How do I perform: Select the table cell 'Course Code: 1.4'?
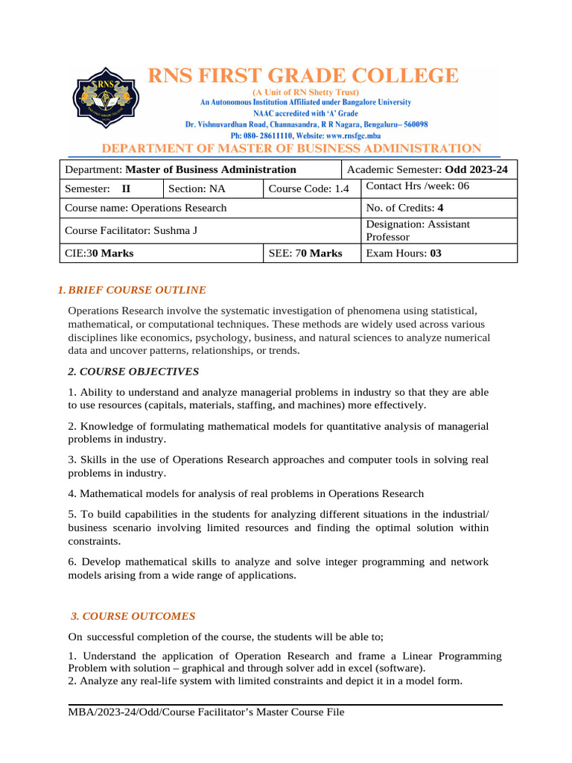308,189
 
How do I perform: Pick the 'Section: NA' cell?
197,189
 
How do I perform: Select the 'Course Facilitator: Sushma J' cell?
132,230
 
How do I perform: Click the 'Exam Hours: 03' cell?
404,253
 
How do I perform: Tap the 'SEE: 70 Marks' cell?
305,253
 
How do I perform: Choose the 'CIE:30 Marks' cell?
100,253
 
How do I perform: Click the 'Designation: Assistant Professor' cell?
417,230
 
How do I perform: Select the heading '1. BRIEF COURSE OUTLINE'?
132,290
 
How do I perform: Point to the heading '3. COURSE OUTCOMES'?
133,616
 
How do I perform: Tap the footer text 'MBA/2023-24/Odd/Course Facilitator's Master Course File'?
206,713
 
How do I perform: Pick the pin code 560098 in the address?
411,124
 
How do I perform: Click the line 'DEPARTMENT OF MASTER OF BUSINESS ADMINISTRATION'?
291,149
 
